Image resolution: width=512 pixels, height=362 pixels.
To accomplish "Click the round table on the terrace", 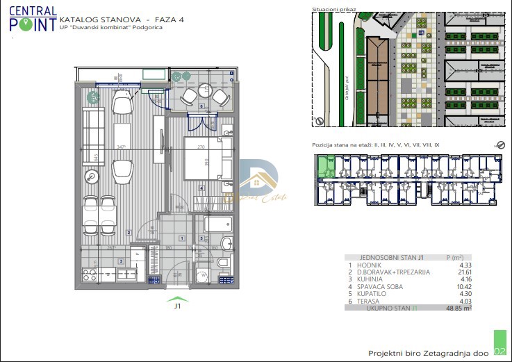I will [x=202, y=92].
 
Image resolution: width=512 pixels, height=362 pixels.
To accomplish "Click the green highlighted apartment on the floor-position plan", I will [x=324, y=167].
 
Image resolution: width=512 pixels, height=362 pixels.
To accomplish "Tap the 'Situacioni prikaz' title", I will [x=335, y=10].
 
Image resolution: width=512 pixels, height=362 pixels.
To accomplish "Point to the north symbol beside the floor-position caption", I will [x=499, y=145].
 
